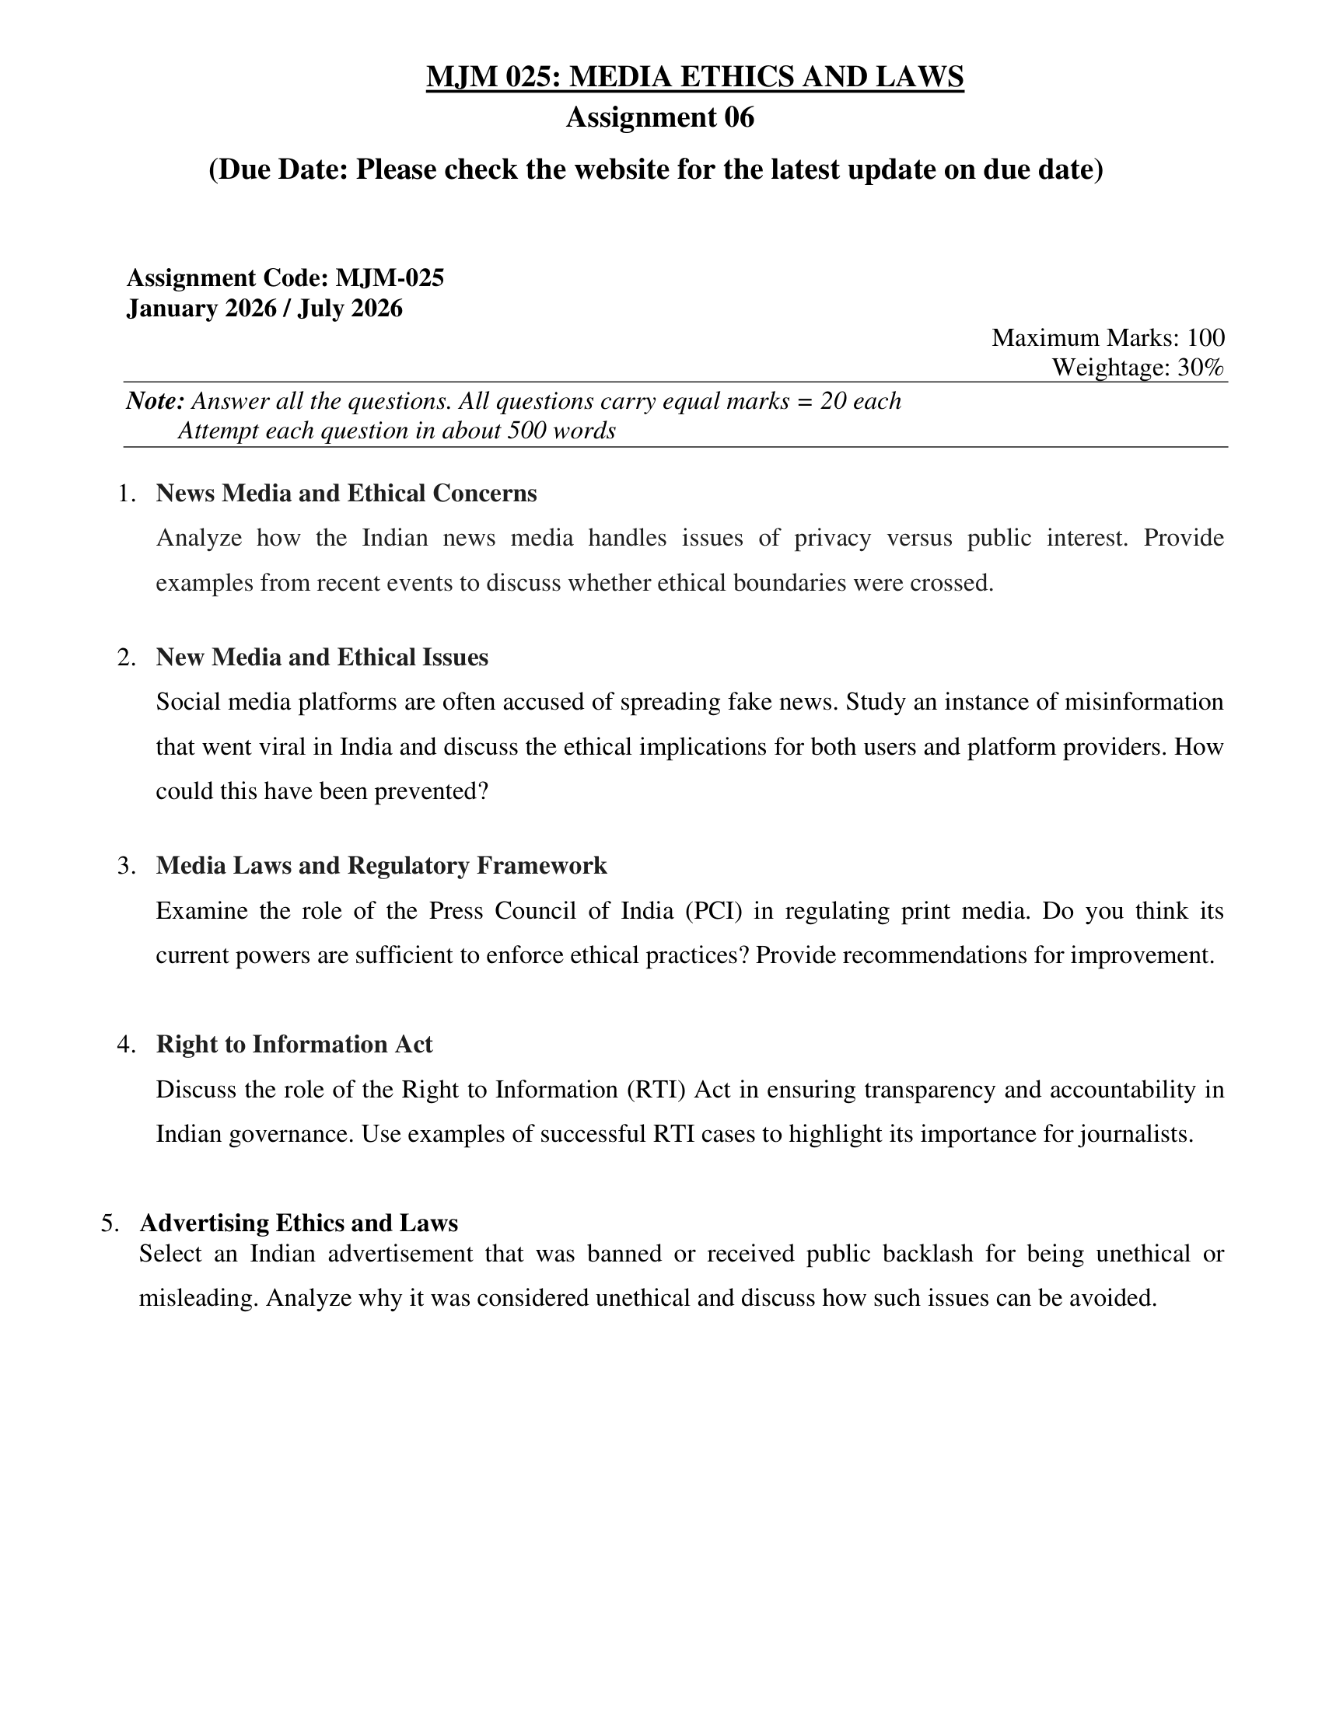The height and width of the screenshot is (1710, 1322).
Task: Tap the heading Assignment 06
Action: click(659, 117)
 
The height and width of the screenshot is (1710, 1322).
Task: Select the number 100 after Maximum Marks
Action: click(1205, 337)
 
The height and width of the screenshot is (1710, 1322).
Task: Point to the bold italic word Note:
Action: click(155, 402)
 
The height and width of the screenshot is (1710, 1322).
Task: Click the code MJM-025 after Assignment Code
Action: click(390, 278)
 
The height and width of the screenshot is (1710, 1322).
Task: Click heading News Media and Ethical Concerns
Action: click(346, 494)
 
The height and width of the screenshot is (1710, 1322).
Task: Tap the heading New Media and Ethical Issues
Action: click(322, 657)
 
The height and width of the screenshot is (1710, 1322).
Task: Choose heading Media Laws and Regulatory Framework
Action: click(381, 865)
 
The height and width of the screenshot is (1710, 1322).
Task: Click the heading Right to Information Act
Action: click(294, 1045)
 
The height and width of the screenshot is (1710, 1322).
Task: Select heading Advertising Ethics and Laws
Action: click(299, 1223)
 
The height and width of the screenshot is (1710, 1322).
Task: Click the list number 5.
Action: click(110, 1223)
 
